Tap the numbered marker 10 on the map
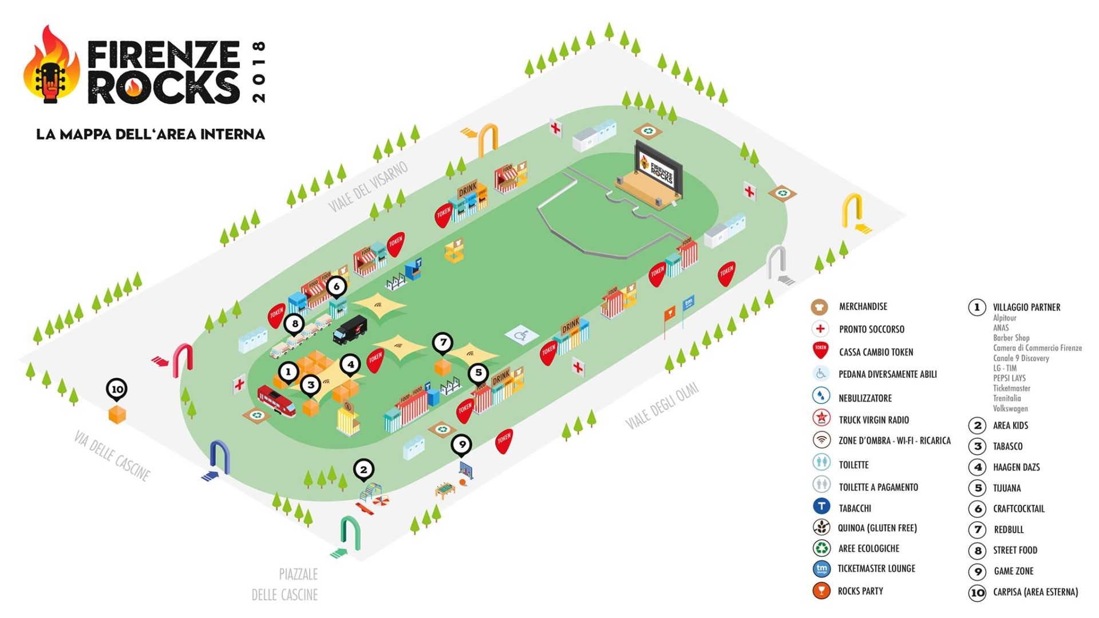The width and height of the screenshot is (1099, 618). pyautogui.click(x=117, y=389)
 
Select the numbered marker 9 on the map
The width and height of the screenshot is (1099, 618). pyautogui.click(x=461, y=443)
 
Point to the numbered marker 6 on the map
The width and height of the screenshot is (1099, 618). pyautogui.click(x=337, y=286)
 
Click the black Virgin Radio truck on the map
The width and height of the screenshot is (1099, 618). pyautogui.click(x=350, y=330)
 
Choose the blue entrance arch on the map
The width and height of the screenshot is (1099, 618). pyautogui.click(x=219, y=457)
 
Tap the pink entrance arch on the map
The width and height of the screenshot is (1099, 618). pyautogui.click(x=183, y=359)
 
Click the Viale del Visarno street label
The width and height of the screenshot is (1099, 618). pyautogui.click(x=369, y=187)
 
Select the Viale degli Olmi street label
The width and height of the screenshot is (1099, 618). pyautogui.click(x=662, y=406)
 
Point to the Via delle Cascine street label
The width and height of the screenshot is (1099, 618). pyautogui.click(x=112, y=455)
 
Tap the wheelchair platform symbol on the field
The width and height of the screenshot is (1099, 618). pyautogui.click(x=521, y=335)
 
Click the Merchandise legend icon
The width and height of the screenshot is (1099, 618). pyautogui.click(x=820, y=307)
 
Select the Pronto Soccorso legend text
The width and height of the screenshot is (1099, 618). pyautogui.click(x=871, y=329)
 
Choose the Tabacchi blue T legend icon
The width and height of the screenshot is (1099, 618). pyautogui.click(x=821, y=507)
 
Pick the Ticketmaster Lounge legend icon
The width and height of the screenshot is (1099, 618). pyautogui.click(x=821, y=569)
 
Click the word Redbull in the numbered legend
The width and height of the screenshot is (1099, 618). pyautogui.click(x=1009, y=530)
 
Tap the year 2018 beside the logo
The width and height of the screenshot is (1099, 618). pyautogui.click(x=259, y=72)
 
